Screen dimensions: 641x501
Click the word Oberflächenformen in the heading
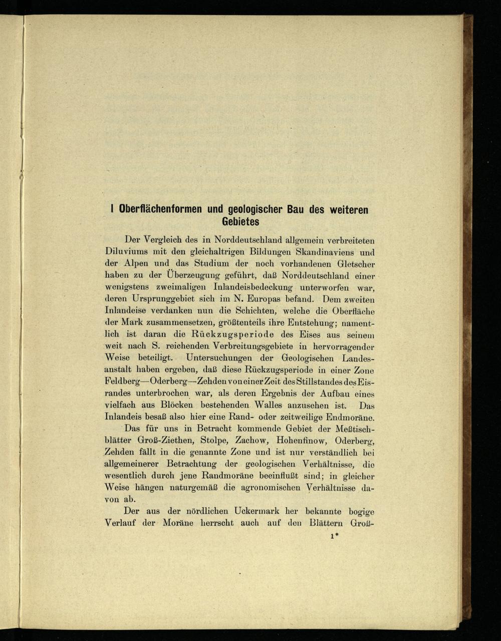159,209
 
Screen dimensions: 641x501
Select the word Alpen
140,263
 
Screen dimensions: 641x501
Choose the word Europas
272,299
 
